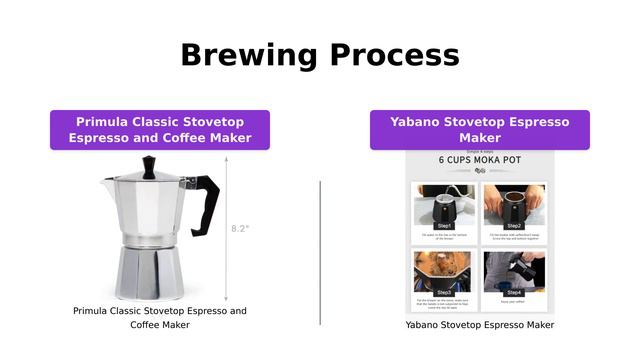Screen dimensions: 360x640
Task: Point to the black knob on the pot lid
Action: [x=149, y=165]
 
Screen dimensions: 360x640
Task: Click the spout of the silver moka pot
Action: [x=108, y=184]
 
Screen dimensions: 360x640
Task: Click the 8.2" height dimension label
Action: [x=240, y=228]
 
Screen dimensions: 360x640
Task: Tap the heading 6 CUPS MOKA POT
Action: [x=479, y=160]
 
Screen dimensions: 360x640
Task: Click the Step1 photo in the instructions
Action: [x=445, y=205]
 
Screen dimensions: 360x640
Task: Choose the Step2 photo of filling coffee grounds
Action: [x=514, y=205]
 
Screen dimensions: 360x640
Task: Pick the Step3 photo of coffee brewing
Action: [x=445, y=272]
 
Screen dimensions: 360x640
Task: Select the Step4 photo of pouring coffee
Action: [x=514, y=272]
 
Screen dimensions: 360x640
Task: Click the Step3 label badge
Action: [x=445, y=292]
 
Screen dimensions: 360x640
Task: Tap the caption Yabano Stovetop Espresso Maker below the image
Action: [x=480, y=325]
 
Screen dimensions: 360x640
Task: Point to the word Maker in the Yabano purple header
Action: [x=480, y=138]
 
